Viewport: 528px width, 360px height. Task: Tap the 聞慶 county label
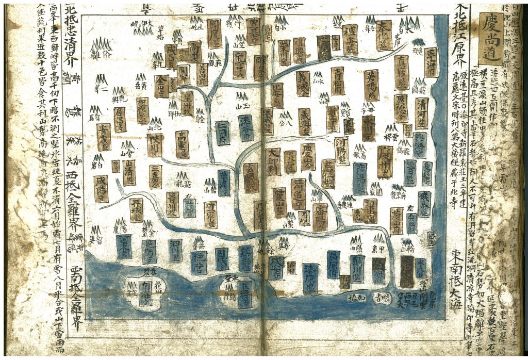tap(214, 34)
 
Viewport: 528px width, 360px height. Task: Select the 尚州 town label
tap(195, 52)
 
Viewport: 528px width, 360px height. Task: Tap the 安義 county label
tap(104, 137)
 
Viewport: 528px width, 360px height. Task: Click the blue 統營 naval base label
tap(199, 262)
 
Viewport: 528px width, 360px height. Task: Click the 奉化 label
tap(384, 35)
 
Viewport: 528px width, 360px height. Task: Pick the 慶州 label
tap(385, 161)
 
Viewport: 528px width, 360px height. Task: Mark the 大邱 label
tap(273, 161)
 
